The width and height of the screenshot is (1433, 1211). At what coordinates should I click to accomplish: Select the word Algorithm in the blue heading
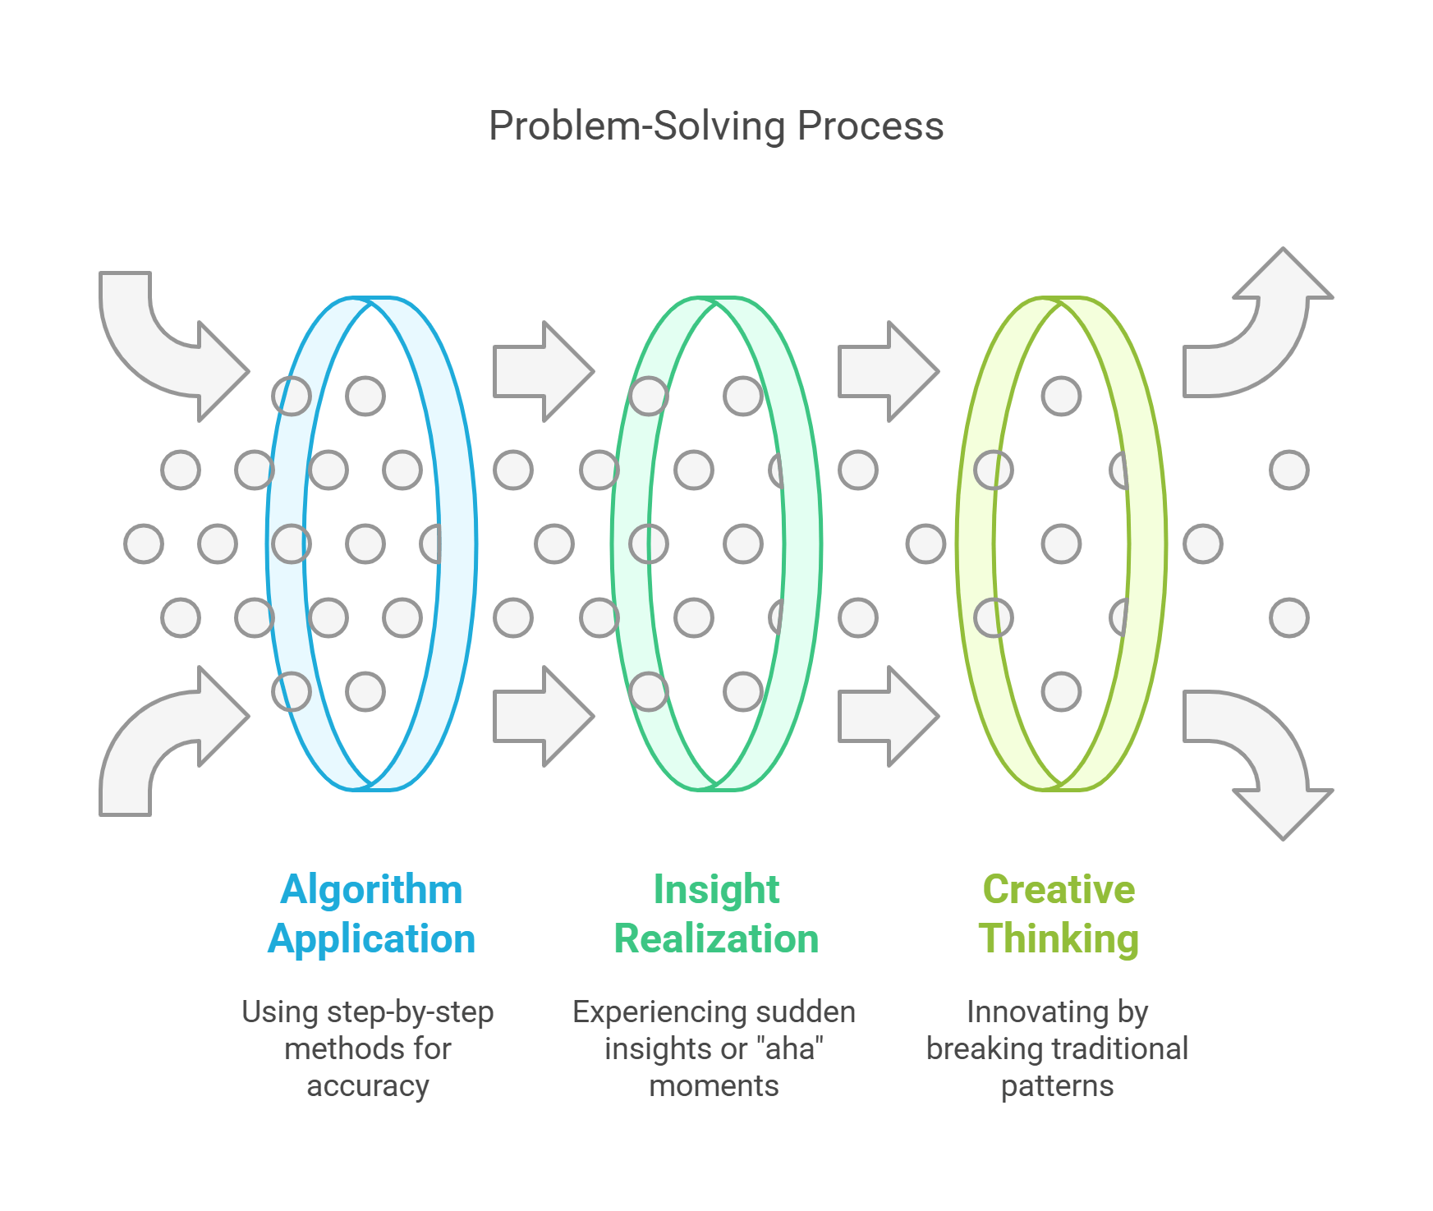point(371,890)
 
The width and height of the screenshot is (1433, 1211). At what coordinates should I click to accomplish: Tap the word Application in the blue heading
point(371,938)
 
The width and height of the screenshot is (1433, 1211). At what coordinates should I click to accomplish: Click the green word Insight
point(716,890)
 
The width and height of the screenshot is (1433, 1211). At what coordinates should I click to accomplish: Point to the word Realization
point(716,938)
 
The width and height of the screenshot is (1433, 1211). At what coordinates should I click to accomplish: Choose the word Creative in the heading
point(1059,890)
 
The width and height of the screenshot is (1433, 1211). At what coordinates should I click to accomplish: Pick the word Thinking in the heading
point(1059,938)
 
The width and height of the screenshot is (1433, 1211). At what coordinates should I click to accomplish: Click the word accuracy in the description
point(368,1086)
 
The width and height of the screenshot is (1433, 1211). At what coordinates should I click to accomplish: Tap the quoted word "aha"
point(790,1049)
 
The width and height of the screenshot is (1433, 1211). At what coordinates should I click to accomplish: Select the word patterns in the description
point(1057,1086)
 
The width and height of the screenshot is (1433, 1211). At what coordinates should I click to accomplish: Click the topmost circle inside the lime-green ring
point(1061,396)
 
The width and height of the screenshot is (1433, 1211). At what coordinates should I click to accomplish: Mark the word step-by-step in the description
point(410,1012)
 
